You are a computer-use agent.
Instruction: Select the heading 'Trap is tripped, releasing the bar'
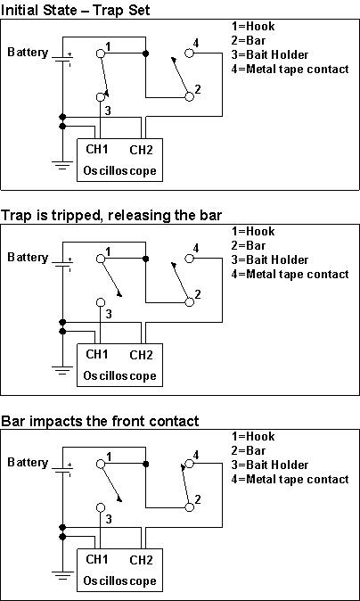pos(110,215)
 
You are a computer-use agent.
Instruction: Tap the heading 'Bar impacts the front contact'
pos(99,420)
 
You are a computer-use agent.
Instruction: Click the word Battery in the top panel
pos(28,53)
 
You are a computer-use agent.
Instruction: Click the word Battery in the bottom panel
pos(28,463)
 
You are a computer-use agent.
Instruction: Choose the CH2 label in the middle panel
pos(141,354)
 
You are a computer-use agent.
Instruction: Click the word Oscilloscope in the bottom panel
pos(120,580)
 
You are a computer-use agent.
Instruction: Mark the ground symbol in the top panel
pos(61,164)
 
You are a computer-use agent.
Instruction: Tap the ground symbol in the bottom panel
pos(61,574)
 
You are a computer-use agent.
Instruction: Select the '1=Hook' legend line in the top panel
pos(254,27)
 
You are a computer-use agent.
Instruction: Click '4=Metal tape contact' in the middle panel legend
pos(290,274)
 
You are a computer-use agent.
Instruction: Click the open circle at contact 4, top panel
pos(188,54)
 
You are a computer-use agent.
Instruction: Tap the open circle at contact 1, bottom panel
pos(100,465)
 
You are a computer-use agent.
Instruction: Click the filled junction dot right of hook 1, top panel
pos(145,54)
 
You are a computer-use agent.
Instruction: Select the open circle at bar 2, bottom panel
pos(189,507)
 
